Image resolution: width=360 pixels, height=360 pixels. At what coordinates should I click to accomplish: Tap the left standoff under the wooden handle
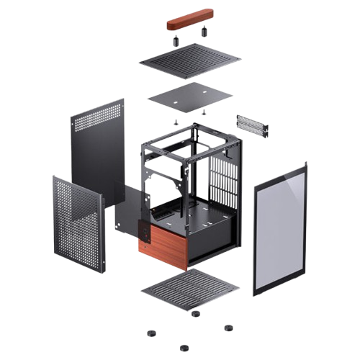(x=175, y=41)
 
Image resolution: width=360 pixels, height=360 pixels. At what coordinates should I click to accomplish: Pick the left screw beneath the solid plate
(x=176, y=122)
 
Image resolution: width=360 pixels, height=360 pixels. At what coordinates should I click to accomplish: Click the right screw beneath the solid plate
(x=204, y=111)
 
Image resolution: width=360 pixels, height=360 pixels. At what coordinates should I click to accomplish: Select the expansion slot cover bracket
(x=251, y=125)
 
